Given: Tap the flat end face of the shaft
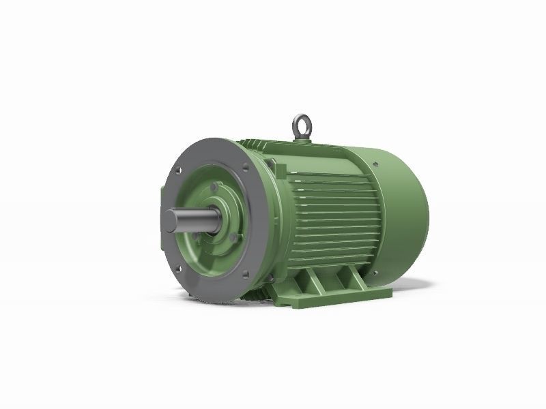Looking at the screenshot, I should [170, 224].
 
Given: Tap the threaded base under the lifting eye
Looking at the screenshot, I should [301, 139].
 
